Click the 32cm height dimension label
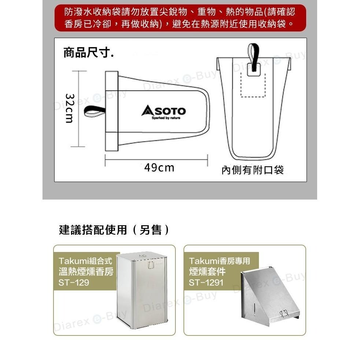click(70, 108)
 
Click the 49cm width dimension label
click(159, 168)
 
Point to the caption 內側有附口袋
click(253, 170)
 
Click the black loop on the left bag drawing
click(94, 112)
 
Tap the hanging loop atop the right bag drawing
click(253, 57)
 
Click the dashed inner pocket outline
click(253, 85)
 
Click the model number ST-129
click(74, 282)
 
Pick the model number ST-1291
click(206, 282)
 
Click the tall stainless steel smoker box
click(142, 290)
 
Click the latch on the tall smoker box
click(151, 265)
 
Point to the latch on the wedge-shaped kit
click(284, 313)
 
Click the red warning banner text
click(180, 18)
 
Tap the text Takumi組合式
click(85, 261)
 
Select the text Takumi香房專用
click(219, 261)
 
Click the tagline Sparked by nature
click(166, 118)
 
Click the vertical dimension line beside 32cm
click(78, 109)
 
